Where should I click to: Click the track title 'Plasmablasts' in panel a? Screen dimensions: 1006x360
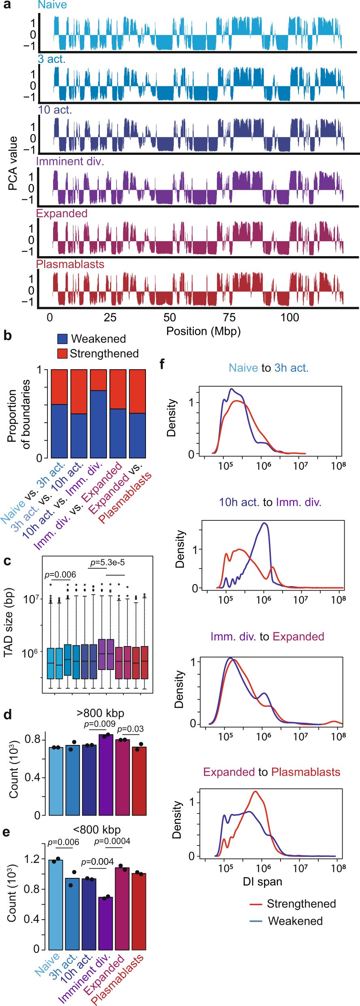[x=70, y=264]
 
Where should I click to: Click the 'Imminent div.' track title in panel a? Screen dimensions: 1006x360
[x=70, y=161]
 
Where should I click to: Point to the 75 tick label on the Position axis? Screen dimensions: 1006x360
[x=229, y=317]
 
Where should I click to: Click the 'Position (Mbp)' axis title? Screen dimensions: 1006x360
[x=204, y=331]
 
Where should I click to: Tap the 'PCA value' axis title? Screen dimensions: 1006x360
[x=13, y=163]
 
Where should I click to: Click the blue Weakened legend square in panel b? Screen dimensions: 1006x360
[x=62, y=339]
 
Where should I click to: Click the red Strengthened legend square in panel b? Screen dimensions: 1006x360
[x=62, y=353]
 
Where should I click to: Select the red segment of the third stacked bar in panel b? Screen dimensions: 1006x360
[x=99, y=380]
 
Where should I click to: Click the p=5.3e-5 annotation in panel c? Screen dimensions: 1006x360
[x=107, y=562]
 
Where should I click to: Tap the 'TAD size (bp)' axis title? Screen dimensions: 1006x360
[x=9, y=623]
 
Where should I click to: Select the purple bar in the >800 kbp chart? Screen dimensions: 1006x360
[x=106, y=774]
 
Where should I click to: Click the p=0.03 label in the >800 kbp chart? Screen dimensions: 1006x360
[x=131, y=729]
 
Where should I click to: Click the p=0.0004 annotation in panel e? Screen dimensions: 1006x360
[x=112, y=841]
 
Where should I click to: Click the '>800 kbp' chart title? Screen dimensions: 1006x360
[x=100, y=713]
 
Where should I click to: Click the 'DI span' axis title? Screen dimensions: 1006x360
[x=262, y=882]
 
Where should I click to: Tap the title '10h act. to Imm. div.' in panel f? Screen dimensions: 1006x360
[x=270, y=502]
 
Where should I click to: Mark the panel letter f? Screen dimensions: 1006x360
[x=162, y=364]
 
